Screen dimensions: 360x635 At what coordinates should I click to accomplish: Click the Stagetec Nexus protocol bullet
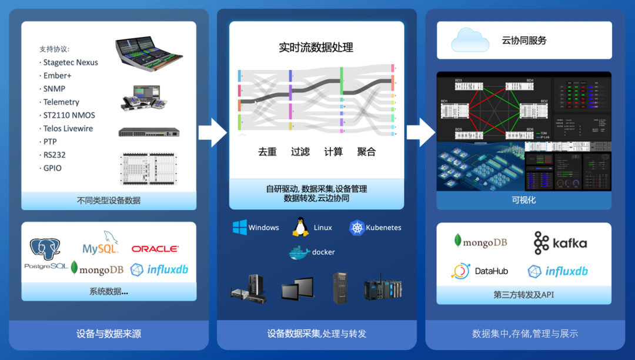69,62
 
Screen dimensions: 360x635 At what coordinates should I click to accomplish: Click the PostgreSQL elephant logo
45,251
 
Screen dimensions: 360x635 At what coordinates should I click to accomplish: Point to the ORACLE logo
155,249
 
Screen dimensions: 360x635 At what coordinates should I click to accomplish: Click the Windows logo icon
239,228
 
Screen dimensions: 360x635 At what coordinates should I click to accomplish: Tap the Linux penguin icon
300,227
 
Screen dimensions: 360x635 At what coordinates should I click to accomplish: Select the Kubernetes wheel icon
357,228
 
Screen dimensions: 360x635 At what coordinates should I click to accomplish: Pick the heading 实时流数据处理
316,48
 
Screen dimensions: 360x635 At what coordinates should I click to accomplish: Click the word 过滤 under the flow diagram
300,152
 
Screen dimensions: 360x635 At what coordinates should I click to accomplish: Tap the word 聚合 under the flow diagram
366,152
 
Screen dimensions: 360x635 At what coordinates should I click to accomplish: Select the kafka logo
560,243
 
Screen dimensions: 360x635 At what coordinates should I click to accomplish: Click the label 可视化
523,200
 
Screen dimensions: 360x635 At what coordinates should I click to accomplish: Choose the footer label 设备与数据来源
109,334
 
